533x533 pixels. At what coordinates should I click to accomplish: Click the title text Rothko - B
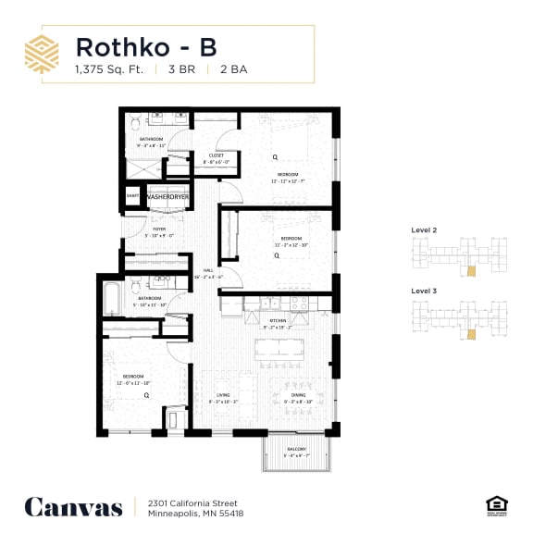tap(146, 46)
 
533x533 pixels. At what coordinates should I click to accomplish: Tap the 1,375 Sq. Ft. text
tap(109, 70)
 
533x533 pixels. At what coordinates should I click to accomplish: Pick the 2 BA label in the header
tap(229, 70)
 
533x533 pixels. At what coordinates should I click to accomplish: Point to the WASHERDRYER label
tap(167, 197)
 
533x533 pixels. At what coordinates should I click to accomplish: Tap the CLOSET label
tap(203, 156)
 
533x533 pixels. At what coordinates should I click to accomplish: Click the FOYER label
tap(159, 229)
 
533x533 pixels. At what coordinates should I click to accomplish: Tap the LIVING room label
tap(223, 395)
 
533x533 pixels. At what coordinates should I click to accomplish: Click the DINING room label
tap(286, 395)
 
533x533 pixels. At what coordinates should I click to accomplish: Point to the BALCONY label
tap(296, 449)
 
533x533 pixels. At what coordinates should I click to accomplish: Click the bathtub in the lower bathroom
tap(112, 298)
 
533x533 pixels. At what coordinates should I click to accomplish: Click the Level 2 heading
tap(423, 229)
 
